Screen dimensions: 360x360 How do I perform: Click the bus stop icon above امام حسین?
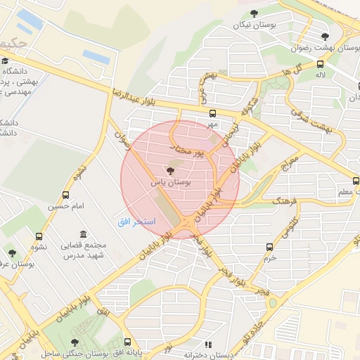[66, 195]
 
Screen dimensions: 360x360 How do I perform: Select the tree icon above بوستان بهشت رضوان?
[324, 37]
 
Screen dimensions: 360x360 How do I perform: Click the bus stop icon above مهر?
[212, 113]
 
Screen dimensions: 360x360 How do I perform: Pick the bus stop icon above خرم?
[270, 247]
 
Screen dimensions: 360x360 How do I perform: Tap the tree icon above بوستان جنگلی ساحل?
[75, 342]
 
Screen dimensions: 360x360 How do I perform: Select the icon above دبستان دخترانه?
[207, 345]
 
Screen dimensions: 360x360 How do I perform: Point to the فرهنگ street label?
[285, 202]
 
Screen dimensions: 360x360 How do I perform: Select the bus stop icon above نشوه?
[38, 237]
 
